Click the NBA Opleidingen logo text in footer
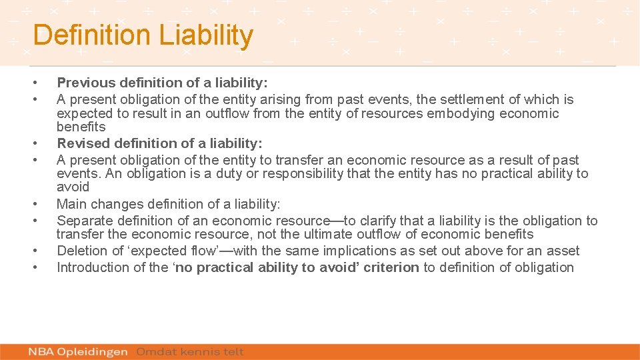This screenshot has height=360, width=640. click(79, 352)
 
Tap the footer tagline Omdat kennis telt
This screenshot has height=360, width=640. click(190, 352)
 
